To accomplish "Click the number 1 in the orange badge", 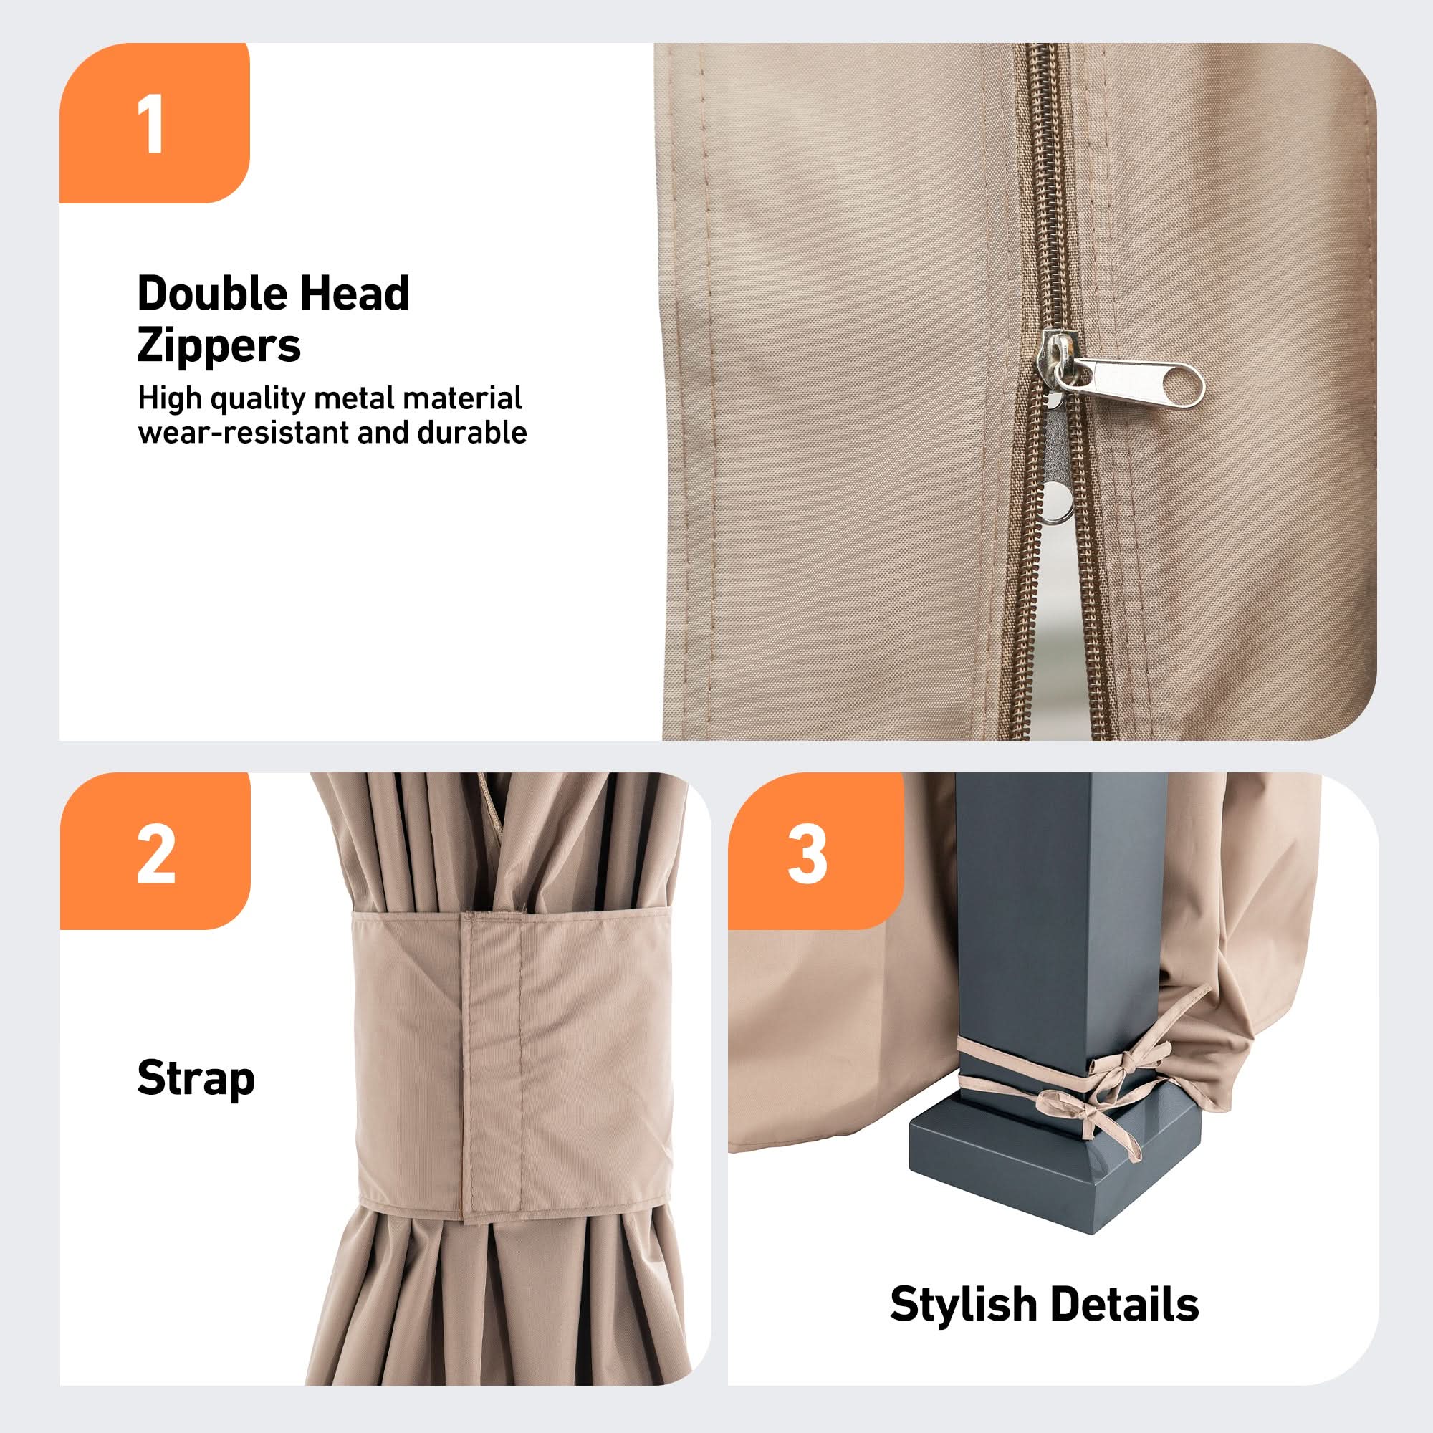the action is tap(152, 125).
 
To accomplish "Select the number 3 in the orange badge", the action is tap(807, 855).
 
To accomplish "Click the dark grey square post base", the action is tap(1054, 1164).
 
